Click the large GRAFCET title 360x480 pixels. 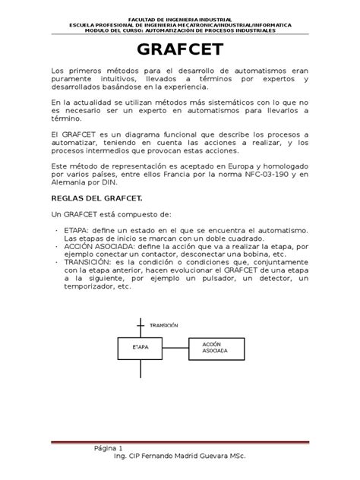click(x=179, y=52)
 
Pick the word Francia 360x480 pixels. click(x=192, y=174)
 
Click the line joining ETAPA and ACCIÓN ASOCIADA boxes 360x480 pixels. click(x=176, y=348)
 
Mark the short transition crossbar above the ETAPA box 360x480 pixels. click(x=140, y=324)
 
